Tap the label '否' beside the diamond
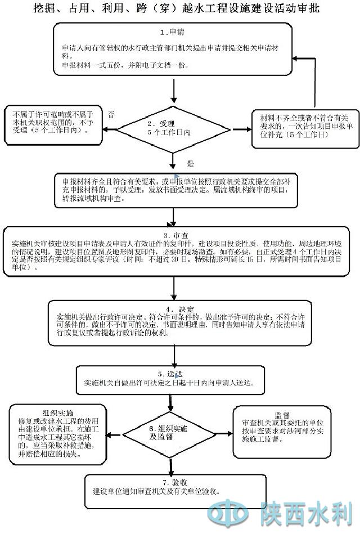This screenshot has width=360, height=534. (x=111, y=115)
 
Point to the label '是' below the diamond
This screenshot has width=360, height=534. (x=190, y=164)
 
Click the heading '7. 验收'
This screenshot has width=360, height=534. (x=172, y=482)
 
